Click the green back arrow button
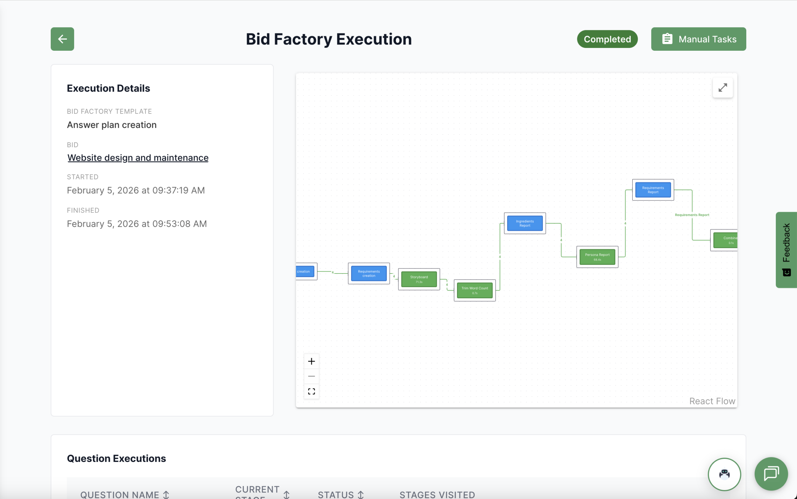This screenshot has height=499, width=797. (62, 39)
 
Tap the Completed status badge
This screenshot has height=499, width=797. (607, 39)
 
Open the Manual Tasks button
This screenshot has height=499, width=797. (698, 39)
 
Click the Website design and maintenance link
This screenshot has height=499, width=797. (138, 158)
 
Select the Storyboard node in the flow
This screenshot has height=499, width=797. (419, 279)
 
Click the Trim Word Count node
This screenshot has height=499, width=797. (475, 290)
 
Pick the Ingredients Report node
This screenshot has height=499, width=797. (525, 223)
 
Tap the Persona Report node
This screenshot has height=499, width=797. (597, 257)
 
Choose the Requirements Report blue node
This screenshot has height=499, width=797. (653, 190)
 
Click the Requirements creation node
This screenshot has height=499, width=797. (369, 273)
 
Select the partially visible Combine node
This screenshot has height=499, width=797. (725, 240)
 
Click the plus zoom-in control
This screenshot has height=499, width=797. (311, 361)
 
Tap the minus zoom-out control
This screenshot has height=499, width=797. (311, 376)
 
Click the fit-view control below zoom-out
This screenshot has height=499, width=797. (311, 392)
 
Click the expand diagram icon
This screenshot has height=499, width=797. (723, 88)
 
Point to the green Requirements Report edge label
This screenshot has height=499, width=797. (692, 215)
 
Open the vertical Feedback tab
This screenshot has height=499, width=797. (786, 249)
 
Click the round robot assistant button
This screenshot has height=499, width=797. (724, 474)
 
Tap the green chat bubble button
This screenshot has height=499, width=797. (771, 474)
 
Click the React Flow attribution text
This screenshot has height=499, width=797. (712, 401)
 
